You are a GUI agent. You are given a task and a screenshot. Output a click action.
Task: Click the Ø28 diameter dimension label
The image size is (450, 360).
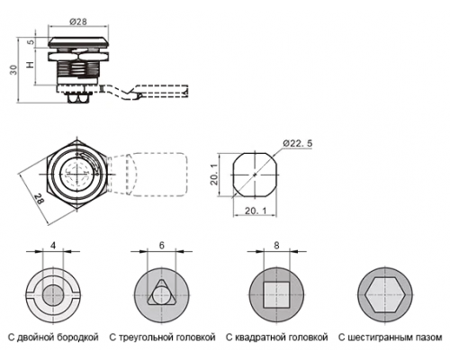(77, 22)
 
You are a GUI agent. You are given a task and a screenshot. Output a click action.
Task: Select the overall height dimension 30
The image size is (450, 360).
(13, 70)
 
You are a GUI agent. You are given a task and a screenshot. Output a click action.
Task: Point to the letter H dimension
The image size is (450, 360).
(30, 64)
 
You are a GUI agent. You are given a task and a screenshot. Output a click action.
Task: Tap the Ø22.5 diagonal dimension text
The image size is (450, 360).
(298, 143)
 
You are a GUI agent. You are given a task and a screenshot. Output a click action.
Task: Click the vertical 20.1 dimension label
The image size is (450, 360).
(214, 175)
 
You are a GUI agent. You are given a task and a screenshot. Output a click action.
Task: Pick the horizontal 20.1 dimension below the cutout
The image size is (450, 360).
(256, 211)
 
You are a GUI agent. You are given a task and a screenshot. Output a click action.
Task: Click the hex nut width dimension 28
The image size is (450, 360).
(40, 199)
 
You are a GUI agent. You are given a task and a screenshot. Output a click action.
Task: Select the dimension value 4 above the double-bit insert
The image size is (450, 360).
(53, 246)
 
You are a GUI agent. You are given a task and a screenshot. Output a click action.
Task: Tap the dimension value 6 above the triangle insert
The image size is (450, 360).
(162, 246)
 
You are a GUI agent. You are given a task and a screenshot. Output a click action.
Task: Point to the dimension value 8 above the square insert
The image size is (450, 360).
(276, 246)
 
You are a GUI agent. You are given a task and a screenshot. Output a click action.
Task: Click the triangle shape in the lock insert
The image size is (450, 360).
(162, 292)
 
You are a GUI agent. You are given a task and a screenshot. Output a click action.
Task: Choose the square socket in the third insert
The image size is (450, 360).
(276, 295)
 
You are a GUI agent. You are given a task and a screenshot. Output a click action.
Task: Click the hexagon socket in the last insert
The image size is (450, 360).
(385, 295)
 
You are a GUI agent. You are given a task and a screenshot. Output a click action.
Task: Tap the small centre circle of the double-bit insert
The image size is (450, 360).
(53, 295)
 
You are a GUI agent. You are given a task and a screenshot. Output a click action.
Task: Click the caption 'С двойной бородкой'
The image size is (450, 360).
(53, 337)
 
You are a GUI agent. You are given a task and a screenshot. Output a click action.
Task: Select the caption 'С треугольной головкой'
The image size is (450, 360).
(162, 337)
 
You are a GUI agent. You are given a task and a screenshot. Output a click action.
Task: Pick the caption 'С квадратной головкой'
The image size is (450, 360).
(276, 337)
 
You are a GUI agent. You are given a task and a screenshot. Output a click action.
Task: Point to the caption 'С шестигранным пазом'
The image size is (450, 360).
(391, 337)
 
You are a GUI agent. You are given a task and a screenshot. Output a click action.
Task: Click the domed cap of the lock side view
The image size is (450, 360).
(78, 41)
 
